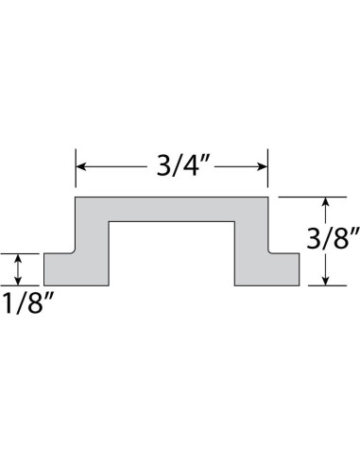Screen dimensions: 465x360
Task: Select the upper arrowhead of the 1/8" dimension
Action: click(18, 258)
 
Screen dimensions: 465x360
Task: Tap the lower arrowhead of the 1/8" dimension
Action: click(18, 281)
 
